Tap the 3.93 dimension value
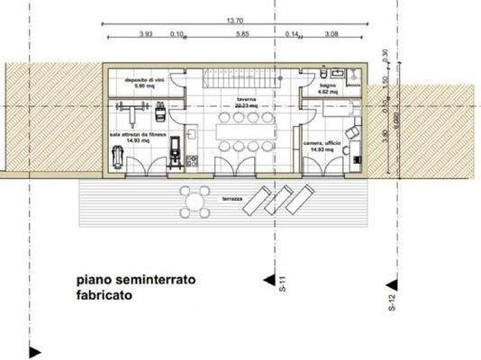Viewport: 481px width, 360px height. (x=146, y=34)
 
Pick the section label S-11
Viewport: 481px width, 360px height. (x=281, y=286)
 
